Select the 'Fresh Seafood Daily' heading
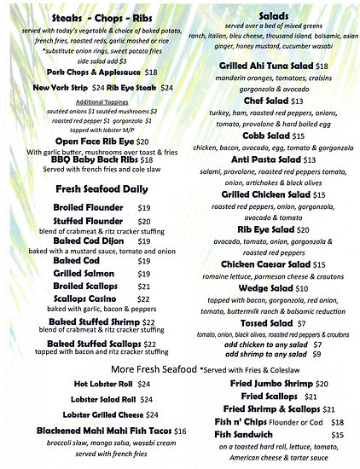[x=96, y=188]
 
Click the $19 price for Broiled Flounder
[x=144, y=207]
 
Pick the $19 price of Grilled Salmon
[x=144, y=274]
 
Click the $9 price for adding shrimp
[x=316, y=353]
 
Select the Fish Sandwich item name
[x=240, y=435]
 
